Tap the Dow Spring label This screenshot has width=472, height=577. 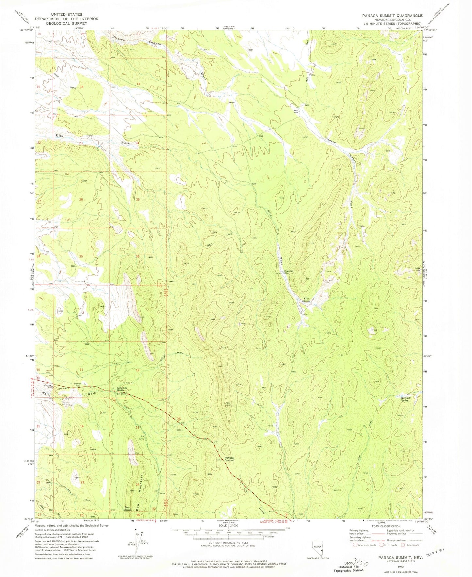click(x=128, y=508)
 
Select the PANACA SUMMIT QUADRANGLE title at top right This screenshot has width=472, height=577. click(x=392, y=15)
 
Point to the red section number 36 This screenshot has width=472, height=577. click(x=138, y=256)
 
